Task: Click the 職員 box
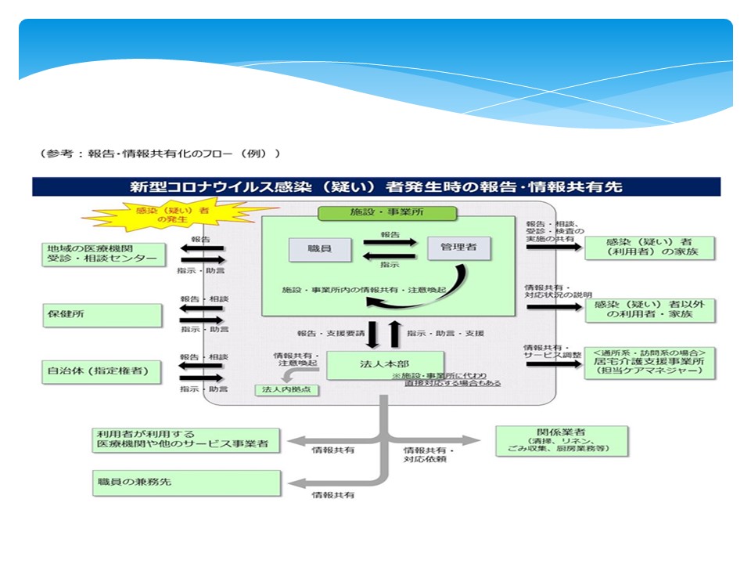click(319, 249)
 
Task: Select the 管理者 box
click(459, 248)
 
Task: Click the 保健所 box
click(102, 316)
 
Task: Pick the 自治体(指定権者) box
click(102, 371)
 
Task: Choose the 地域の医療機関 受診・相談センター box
click(104, 255)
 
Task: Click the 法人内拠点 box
click(287, 389)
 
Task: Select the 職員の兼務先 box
click(185, 483)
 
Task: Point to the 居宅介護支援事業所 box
click(649, 363)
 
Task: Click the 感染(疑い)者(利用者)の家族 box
click(649, 248)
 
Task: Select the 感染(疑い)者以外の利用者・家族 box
click(649, 309)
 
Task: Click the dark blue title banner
click(375, 187)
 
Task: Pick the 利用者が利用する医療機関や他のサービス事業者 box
click(185, 439)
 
